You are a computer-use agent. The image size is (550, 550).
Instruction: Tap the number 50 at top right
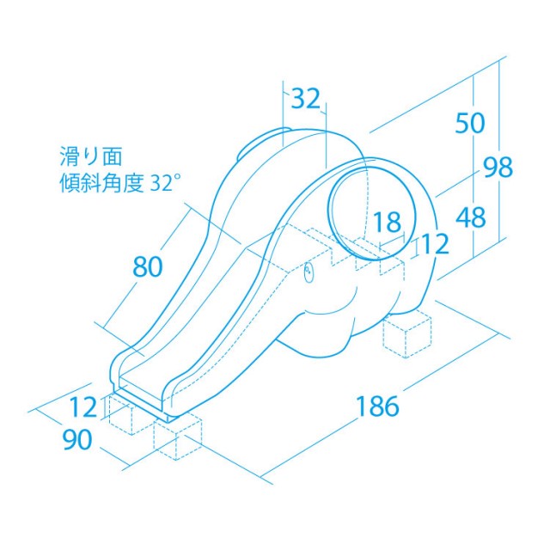tap(470, 124)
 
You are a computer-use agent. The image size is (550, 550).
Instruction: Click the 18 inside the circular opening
tap(388, 223)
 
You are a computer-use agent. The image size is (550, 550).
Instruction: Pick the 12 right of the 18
tap(435, 245)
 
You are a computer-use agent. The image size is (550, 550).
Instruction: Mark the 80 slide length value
tap(148, 267)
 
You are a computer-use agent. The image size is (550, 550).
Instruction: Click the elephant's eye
tap(308, 273)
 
